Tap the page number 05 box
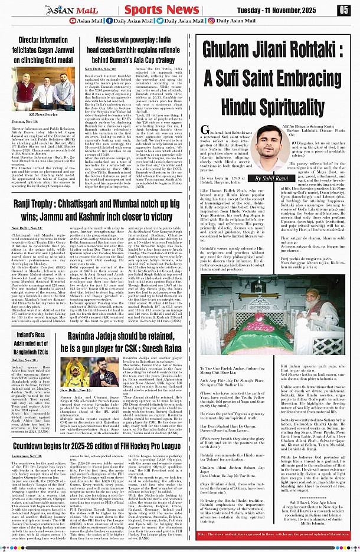pyautogui.click(x=343, y=9)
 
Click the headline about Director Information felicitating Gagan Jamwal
pyautogui.click(x=43, y=50)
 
